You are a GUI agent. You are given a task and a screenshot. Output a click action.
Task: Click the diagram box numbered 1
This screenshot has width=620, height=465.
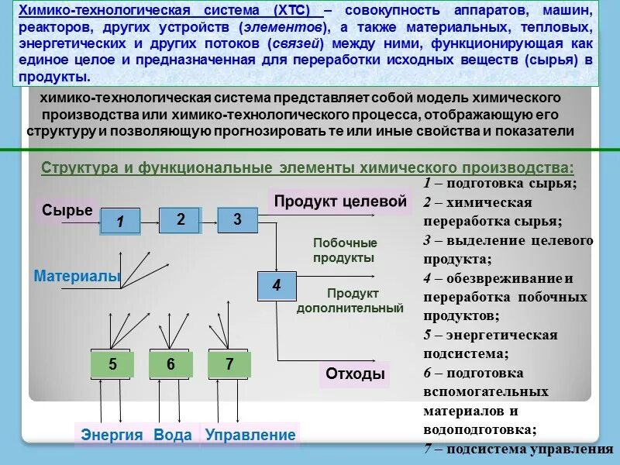120,222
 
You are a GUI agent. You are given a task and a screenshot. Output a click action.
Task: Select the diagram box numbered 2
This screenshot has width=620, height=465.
180,220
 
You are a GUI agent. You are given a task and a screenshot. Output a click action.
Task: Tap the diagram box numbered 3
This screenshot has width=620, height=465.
238,220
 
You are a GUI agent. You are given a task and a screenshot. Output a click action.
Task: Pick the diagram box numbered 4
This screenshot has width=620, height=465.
277,286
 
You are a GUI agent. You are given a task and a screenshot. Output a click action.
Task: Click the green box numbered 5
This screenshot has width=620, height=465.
112,365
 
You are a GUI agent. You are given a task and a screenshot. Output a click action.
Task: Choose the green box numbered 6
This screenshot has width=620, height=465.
170,365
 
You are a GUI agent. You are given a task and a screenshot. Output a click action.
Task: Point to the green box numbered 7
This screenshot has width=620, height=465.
229,365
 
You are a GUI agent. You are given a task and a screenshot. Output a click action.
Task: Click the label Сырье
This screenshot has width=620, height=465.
67,210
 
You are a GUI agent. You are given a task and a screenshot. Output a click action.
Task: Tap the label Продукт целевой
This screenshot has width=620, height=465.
339,201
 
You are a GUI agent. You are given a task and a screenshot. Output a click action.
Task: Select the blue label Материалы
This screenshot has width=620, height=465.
77,275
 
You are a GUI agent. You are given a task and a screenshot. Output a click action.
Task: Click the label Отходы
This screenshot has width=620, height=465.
355,374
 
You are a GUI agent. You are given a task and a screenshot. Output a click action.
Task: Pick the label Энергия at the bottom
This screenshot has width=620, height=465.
112,436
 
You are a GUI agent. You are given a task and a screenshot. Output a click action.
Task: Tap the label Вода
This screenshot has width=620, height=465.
172,436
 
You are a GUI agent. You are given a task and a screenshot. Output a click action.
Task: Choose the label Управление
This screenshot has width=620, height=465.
250,436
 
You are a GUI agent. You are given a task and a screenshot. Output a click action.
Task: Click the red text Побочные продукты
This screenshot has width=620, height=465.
345,250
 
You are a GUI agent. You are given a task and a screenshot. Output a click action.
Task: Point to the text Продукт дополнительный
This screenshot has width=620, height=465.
351,301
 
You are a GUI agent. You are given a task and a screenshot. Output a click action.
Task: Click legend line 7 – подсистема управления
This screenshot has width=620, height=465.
514,449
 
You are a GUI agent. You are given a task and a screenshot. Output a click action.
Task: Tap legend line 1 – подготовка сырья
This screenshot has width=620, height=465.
500,184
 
